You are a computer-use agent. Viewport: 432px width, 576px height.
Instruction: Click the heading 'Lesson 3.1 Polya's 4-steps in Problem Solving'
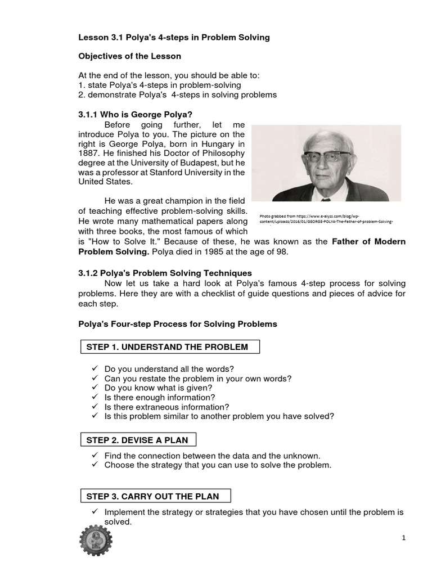click(174, 38)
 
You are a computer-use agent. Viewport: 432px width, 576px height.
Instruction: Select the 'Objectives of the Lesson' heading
click(129, 57)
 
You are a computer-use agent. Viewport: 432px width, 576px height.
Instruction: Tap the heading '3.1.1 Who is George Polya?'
click(132, 114)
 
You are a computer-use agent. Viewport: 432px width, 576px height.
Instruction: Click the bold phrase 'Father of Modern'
click(368, 241)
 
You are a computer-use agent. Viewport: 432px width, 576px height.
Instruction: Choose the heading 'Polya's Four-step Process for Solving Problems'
click(177, 324)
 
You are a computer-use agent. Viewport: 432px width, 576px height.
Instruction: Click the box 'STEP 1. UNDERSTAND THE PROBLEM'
click(168, 347)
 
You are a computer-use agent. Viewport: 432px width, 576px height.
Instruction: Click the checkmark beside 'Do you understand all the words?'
click(94, 369)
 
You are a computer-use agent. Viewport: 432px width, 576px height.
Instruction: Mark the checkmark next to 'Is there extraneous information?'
click(94, 407)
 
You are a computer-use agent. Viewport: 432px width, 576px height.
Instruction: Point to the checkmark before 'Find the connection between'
click(94, 456)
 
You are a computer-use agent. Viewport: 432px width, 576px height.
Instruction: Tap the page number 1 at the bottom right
click(403, 538)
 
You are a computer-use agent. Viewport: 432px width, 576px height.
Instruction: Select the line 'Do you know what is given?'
click(158, 388)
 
